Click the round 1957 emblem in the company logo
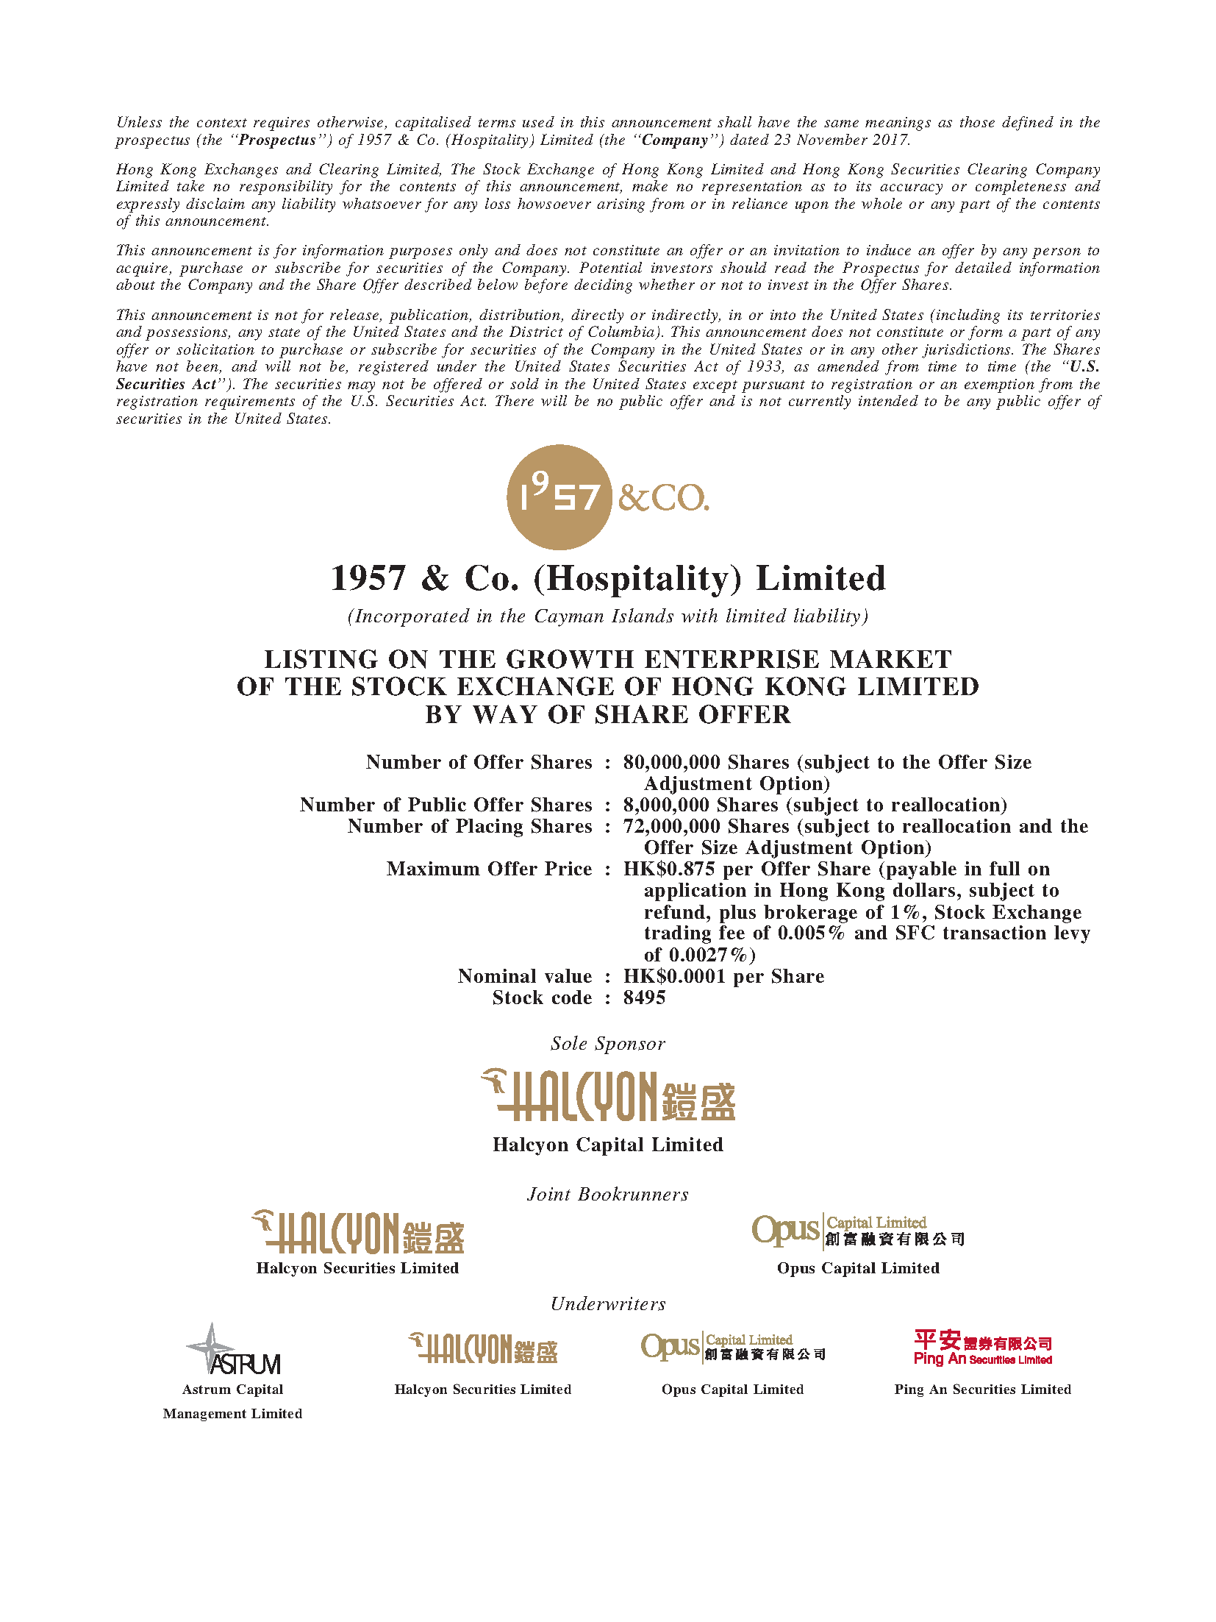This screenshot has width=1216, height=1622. click(x=559, y=497)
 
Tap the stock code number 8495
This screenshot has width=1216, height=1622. click(x=644, y=997)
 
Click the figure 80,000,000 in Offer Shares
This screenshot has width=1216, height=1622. click(x=671, y=762)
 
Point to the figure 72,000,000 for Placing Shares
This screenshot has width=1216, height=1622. click(x=671, y=826)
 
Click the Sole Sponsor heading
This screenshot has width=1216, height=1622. click(x=608, y=1043)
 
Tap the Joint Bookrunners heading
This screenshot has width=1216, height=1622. click(x=608, y=1194)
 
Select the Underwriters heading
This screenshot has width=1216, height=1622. click(x=608, y=1303)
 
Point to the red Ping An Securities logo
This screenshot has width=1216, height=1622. click(x=982, y=1348)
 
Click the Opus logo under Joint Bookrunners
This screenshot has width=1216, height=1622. click(x=857, y=1231)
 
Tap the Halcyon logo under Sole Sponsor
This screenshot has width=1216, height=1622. click(x=608, y=1095)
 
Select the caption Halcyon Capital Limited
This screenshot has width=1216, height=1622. click(x=608, y=1145)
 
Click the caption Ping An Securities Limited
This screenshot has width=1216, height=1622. click(x=982, y=1389)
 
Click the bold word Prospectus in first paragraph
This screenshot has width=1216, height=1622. click(x=277, y=140)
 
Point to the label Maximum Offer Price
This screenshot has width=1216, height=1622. click(x=489, y=869)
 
